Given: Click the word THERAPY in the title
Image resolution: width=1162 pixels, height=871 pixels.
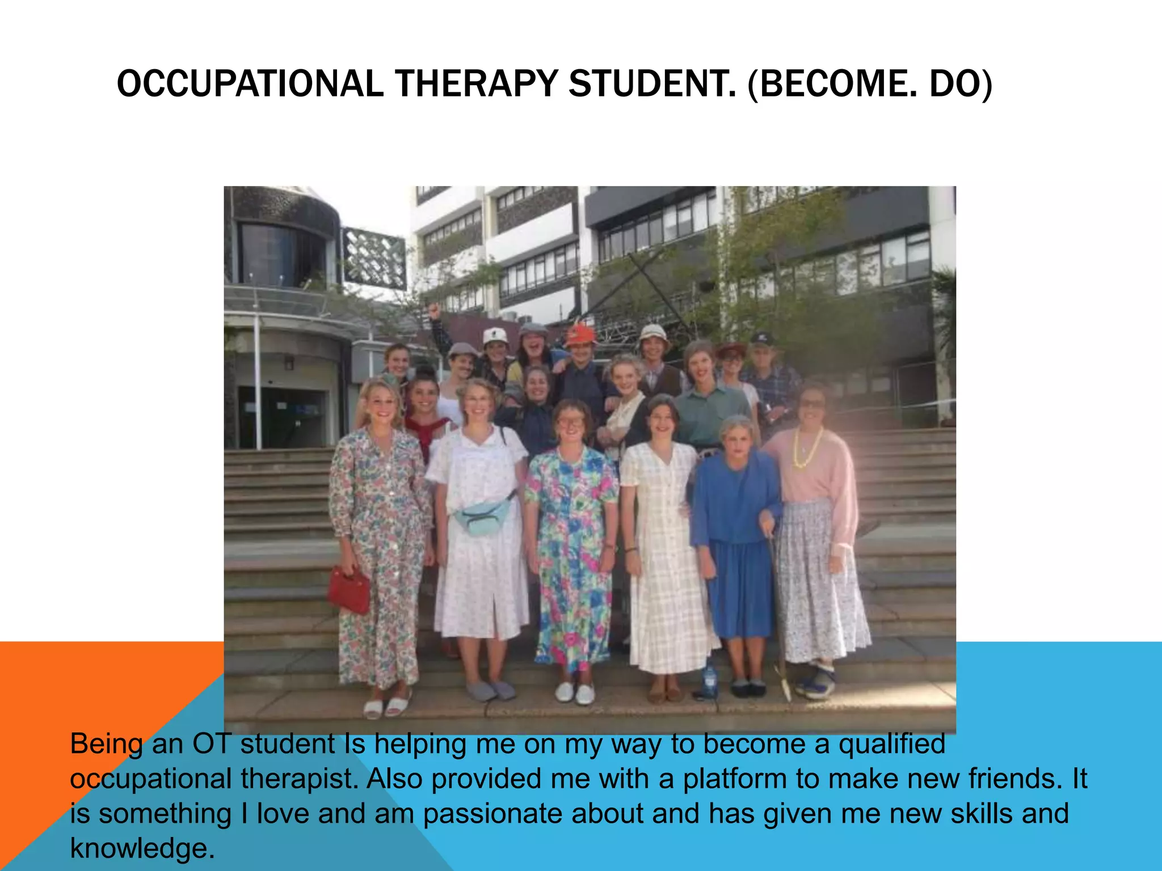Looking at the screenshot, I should (x=477, y=84).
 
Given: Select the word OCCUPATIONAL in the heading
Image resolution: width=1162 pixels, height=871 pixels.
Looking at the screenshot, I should (x=250, y=84).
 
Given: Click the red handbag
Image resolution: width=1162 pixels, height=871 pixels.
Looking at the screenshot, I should (x=350, y=590).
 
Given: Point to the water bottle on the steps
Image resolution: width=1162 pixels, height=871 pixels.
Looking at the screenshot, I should (x=709, y=680).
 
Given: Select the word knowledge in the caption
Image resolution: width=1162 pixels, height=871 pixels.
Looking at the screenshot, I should (x=142, y=848).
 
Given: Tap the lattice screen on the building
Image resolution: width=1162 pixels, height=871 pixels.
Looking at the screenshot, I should (x=374, y=258).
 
